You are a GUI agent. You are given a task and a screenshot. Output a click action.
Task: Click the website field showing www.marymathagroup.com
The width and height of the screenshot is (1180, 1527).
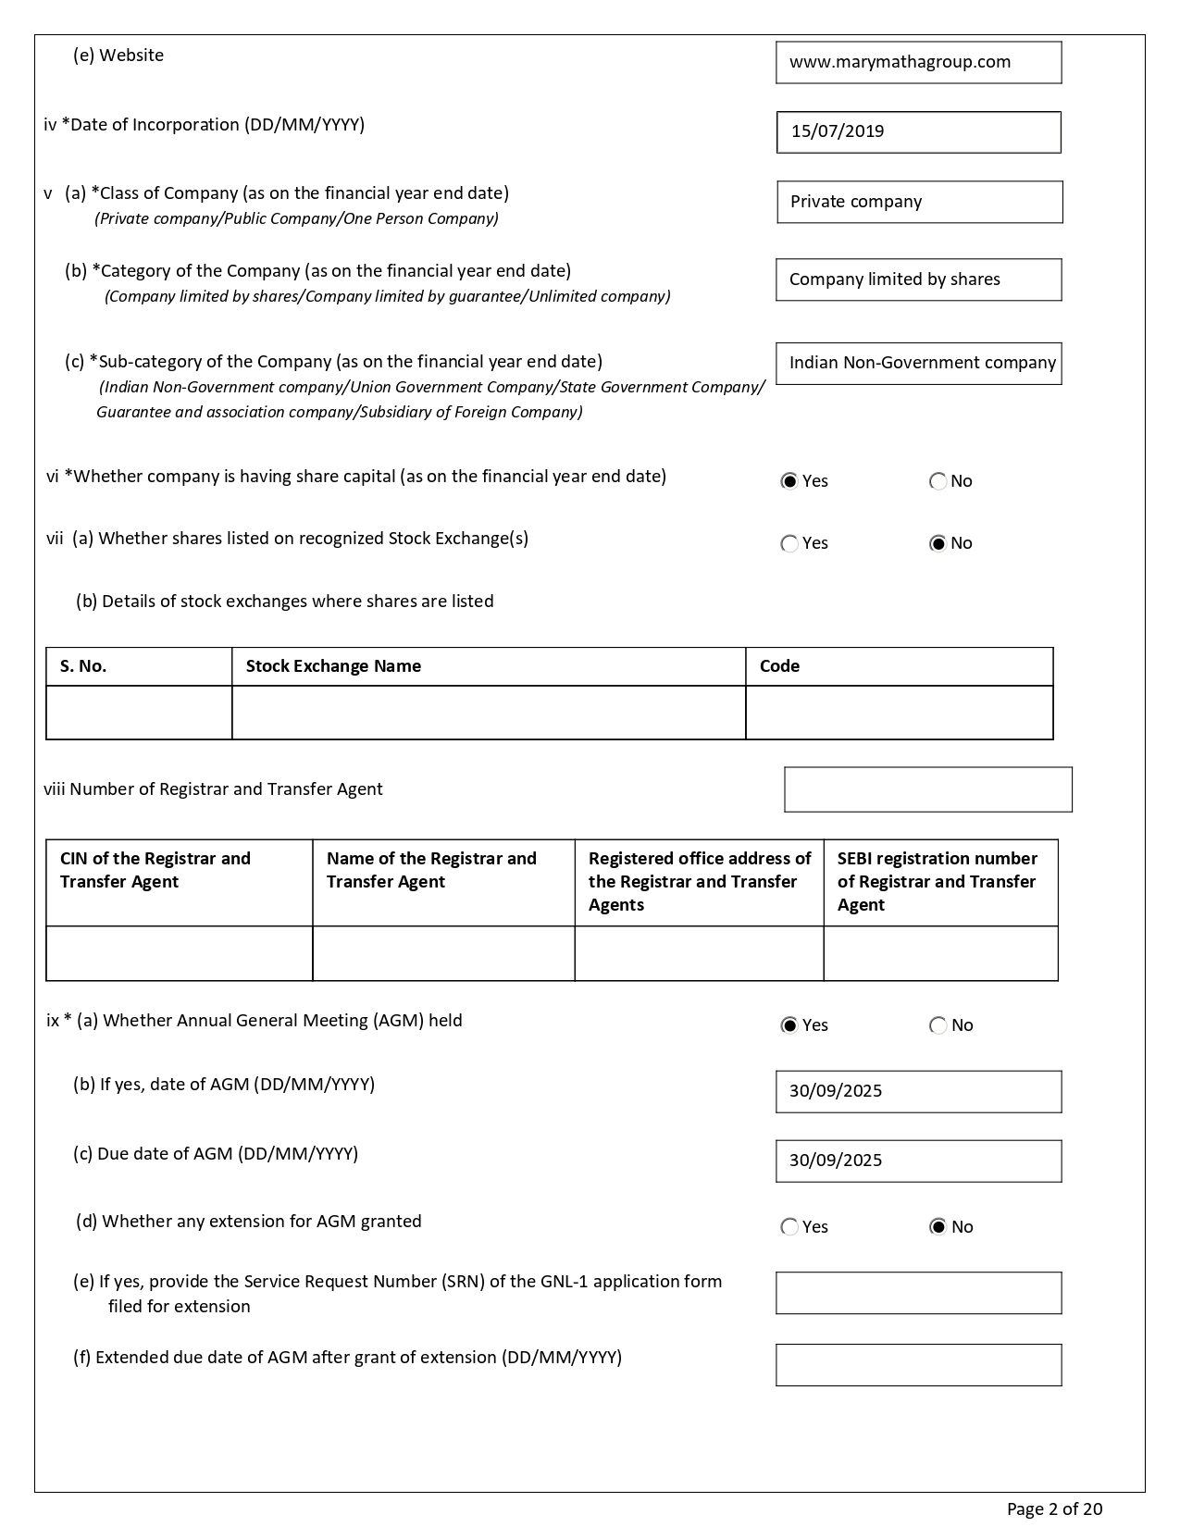coord(918,63)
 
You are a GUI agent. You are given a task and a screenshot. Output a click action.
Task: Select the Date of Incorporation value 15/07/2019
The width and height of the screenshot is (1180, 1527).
coord(918,131)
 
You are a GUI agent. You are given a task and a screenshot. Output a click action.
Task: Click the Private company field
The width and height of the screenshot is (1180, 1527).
coord(919,202)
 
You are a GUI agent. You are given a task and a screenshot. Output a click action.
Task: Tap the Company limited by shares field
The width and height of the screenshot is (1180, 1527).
coord(918,279)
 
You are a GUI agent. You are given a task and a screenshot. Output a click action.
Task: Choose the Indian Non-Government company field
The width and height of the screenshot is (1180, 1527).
coord(918,363)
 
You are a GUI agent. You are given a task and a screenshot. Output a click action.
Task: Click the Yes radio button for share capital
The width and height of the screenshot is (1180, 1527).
coord(789,481)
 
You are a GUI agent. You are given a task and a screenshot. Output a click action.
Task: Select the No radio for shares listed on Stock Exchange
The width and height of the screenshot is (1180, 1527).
coord(938,543)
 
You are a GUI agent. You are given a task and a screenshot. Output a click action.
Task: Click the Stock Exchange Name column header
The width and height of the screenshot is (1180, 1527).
coord(333,666)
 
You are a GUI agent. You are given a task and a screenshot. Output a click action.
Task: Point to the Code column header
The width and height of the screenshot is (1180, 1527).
coord(779,666)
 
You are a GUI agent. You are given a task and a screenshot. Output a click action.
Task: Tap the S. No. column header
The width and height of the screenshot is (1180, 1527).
coord(83,666)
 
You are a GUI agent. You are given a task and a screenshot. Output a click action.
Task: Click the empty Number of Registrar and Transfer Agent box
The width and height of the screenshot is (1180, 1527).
coord(927,789)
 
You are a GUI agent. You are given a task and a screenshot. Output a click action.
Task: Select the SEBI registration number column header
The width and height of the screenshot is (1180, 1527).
coord(938,881)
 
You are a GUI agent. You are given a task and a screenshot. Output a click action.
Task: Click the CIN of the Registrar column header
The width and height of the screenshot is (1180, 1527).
coord(155,870)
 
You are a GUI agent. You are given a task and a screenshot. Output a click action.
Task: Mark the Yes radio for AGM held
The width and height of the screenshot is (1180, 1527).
coord(789,1025)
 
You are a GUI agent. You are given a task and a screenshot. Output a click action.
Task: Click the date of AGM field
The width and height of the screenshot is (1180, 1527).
coord(918,1091)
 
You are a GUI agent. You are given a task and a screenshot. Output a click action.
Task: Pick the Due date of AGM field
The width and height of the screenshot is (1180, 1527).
coord(918,1161)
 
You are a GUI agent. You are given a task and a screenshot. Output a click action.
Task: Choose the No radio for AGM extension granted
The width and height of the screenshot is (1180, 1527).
coord(938,1227)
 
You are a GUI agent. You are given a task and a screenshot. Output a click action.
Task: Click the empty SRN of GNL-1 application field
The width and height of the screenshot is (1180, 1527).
coord(918,1293)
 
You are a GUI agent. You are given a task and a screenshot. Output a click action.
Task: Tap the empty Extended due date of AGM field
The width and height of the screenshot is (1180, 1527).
coord(918,1365)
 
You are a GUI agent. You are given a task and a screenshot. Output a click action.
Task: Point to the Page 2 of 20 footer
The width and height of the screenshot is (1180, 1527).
coord(1054,1509)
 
